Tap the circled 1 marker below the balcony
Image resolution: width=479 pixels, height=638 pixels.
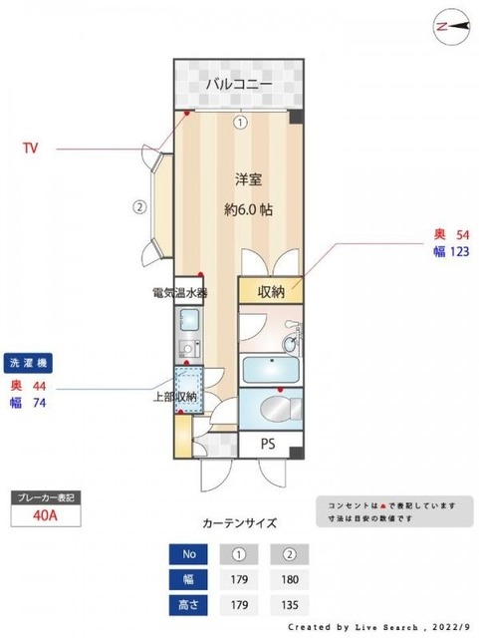[x=240, y=124]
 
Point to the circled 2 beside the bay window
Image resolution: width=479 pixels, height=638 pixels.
[x=140, y=208]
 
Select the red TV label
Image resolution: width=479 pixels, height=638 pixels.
[x=31, y=148]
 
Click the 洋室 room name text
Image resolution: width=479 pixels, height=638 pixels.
[x=248, y=180]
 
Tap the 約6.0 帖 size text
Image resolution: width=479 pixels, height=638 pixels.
[x=248, y=210]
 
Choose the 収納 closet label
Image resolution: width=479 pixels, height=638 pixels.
[x=272, y=292]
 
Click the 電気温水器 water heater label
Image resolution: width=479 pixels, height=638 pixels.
[x=179, y=293]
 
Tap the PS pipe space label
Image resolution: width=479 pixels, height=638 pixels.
[x=268, y=444]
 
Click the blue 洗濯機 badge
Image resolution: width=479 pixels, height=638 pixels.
[x=28, y=362]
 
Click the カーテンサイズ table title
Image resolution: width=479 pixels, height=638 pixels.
[x=239, y=521]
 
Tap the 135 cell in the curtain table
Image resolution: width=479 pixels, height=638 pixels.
[x=288, y=603]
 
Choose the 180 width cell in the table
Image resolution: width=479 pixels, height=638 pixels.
[x=288, y=577]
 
